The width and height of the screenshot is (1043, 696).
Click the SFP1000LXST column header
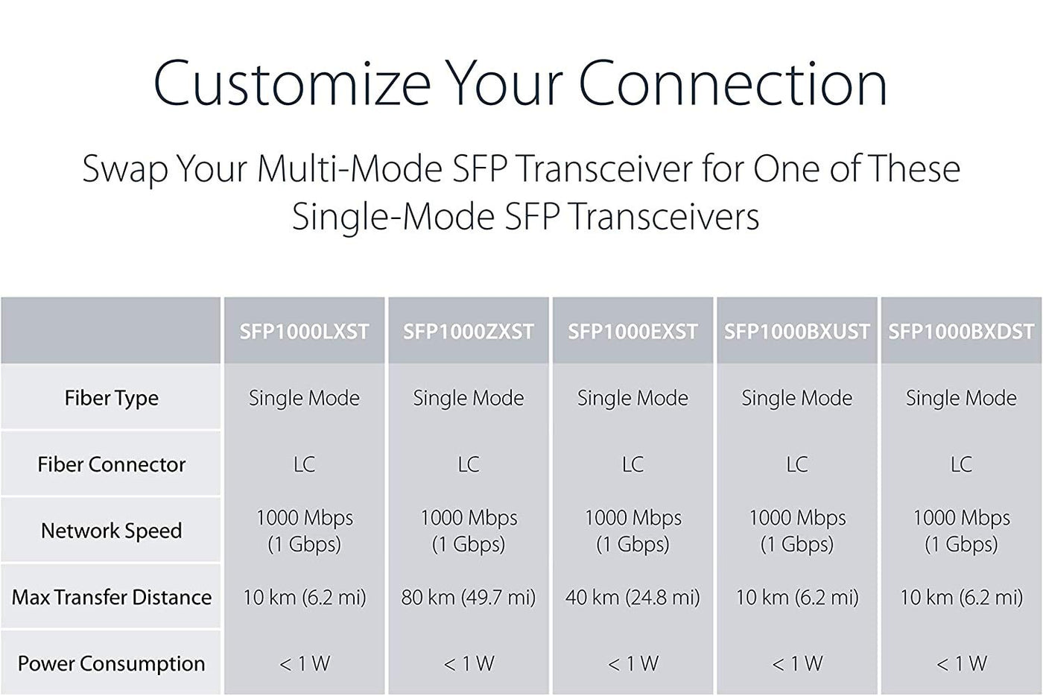pos(305,332)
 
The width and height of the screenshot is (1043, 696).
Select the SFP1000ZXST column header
pos(469,332)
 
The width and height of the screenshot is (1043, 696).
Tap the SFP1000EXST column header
pos(633,332)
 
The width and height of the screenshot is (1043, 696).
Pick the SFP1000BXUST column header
pos(796,332)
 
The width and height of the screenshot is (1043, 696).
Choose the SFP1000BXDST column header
pos(961,332)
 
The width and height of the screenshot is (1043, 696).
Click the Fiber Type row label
pos(111,399)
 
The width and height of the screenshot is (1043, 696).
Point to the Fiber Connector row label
pos(111,464)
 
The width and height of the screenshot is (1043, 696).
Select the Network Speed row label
pos(111,531)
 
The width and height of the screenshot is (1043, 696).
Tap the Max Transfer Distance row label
pos(111,597)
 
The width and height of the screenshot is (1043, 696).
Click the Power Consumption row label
pos(111,664)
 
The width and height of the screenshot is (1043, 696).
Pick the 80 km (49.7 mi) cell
pos(469,598)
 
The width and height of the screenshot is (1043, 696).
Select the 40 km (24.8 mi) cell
pos(633,598)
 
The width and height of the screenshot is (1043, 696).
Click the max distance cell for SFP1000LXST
pos(305,598)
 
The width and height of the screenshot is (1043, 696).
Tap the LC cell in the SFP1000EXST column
pos(633,464)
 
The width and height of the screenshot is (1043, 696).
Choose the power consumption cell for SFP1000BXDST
pos(961,664)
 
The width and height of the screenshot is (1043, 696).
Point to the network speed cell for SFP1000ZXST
pos(469,531)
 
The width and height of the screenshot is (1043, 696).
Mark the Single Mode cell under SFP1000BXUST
pos(796,399)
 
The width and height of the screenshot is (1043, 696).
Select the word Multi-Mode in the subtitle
pos(349,168)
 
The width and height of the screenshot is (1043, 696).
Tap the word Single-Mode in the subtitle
pos(393,218)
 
